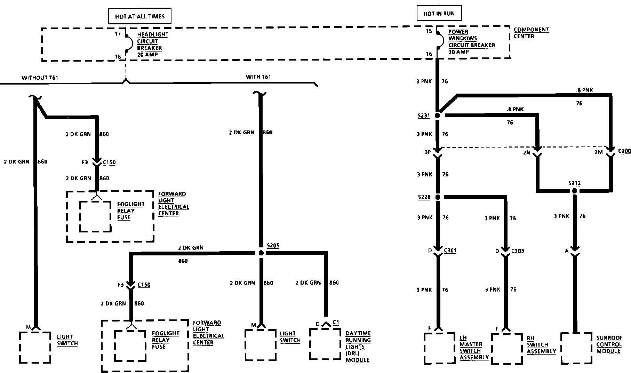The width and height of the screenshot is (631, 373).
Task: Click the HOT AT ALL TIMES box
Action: pyautogui.click(x=139, y=16)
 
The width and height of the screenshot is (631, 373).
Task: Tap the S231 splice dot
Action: pyautogui.click(x=438, y=116)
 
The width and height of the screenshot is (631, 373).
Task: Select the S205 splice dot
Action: pyautogui.click(x=261, y=253)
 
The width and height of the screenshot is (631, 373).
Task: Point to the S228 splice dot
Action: pyautogui.click(x=438, y=197)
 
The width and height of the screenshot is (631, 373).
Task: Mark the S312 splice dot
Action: pyautogui.click(x=574, y=191)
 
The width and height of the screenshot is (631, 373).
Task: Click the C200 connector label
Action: pyautogui.click(x=624, y=151)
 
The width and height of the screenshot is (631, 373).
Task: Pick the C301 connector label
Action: pyautogui.click(x=450, y=251)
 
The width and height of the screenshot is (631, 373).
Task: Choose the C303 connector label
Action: pyautogui.click(x=518, y=251)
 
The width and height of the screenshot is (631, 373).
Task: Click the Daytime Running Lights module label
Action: pyautogui.click(x=358, y=347)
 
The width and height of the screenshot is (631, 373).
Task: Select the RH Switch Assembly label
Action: pyautogui.click(x=541, y=344)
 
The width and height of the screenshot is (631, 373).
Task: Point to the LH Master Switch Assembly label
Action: pyautogui.click(x=474, y=348)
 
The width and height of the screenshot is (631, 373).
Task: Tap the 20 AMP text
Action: pyautogui.click(x=147, y=55)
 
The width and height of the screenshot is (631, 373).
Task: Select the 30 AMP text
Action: pyautogui.click(x=458, y=51)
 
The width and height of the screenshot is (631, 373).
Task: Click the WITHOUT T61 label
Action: pyautogui.click(x=40, y=78)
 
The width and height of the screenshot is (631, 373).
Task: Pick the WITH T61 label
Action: pyautogui.click(x=258, y=77)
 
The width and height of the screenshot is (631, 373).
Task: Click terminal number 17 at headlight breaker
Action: pyautogui.click(x=118, y=34)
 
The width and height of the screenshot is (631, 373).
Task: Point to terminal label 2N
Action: pyautogui.click(x=526, y=152)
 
